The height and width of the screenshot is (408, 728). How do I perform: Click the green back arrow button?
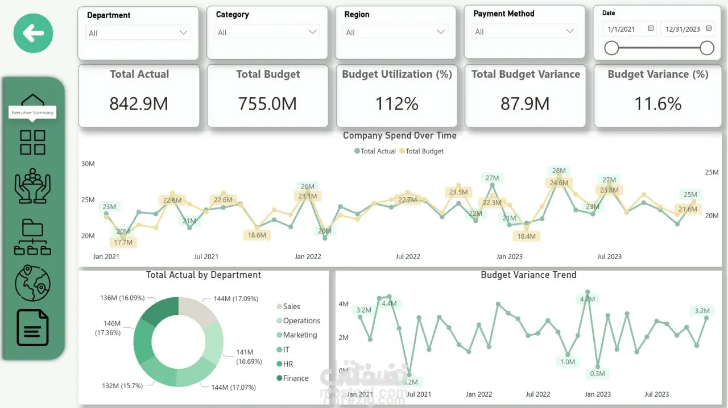(33, 34)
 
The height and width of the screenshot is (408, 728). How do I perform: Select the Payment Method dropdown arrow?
(570, 32)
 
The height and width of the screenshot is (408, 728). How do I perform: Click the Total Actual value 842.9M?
(139, 103)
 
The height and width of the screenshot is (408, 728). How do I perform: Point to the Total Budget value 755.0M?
(267, 103)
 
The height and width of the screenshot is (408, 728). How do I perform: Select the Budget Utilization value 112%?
(396, 103)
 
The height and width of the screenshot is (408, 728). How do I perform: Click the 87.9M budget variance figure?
(525, 103)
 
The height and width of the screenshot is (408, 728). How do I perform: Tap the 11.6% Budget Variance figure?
(657, 103)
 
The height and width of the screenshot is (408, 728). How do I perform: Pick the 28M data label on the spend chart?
(559, 170)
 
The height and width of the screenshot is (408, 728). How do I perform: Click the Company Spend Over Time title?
(399, 136)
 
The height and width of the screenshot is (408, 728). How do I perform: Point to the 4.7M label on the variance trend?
(587, 299)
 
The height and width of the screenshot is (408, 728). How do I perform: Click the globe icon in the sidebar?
(32, 283)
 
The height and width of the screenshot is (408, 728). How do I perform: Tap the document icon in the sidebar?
(32, 327)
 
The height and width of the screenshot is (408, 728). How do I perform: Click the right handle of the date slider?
(707, 48)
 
